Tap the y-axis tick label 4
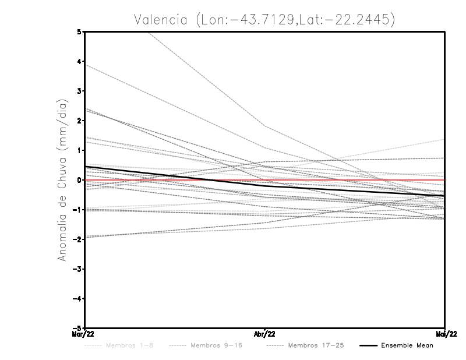[x=80, y=61]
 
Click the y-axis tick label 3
[x=80, y=91]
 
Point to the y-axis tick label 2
[x=80, y=121]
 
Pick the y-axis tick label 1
[x=80, y=150]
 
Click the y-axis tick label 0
[x=80, y=180]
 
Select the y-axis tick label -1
[x=78, y=210]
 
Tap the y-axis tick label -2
[x=78, y=239]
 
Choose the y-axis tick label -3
[x=78, y=269]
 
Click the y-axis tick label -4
[x=78, y=298]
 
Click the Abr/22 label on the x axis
[x=265, y=334]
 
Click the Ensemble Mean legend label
[x=407, y=345]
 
